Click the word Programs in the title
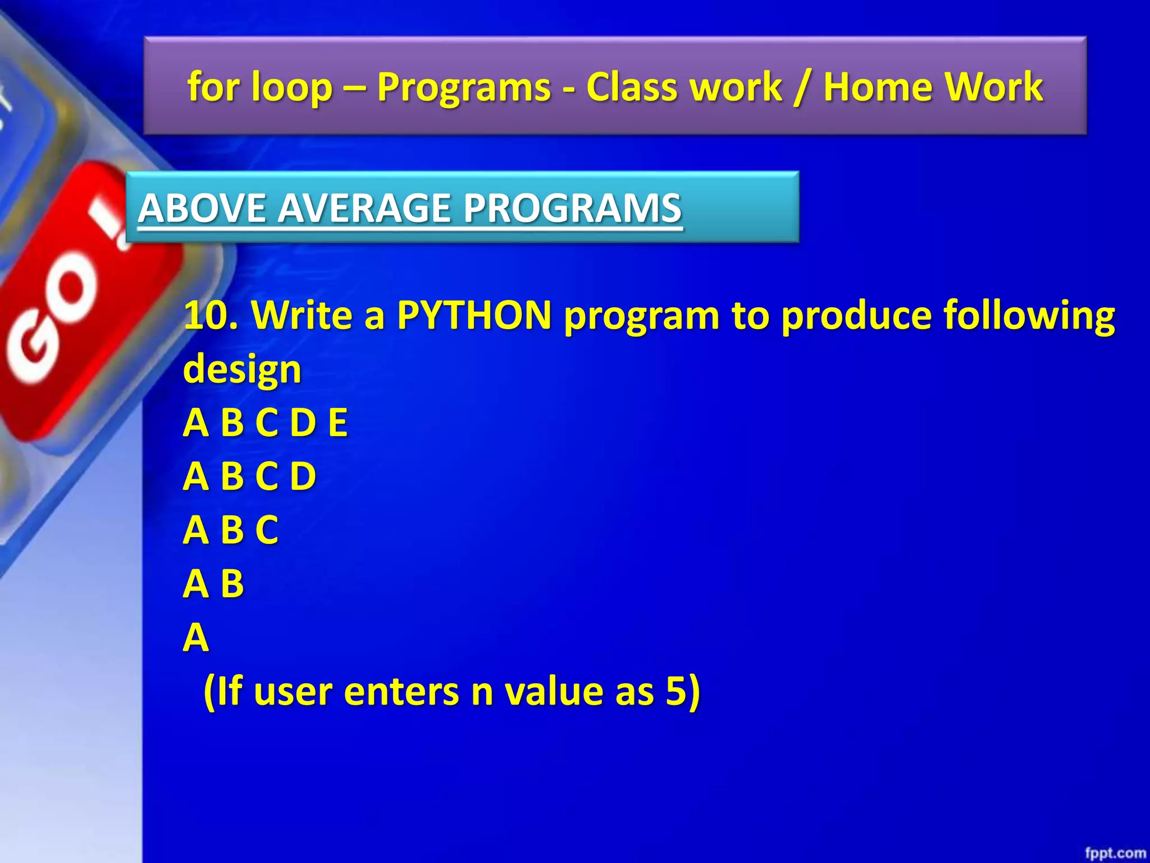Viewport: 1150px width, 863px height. pyautogui.click(x=463, y=88)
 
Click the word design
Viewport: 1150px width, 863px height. pyautogui.click(x=242, y=370)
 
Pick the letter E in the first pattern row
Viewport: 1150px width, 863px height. pyautogui.click(x=337, y=423)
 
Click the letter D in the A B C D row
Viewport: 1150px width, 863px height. pyautogui.click(x=303, y=476)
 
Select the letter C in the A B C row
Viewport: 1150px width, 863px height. pyautogui.click(x=267, y=529)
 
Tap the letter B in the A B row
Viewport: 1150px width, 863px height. pyautogui.click(x=232, y=583)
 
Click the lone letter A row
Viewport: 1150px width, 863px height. pyautogui.click(x=196, y=637)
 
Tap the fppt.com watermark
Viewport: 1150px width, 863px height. pyautogui.click(x=1115, y=853)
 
